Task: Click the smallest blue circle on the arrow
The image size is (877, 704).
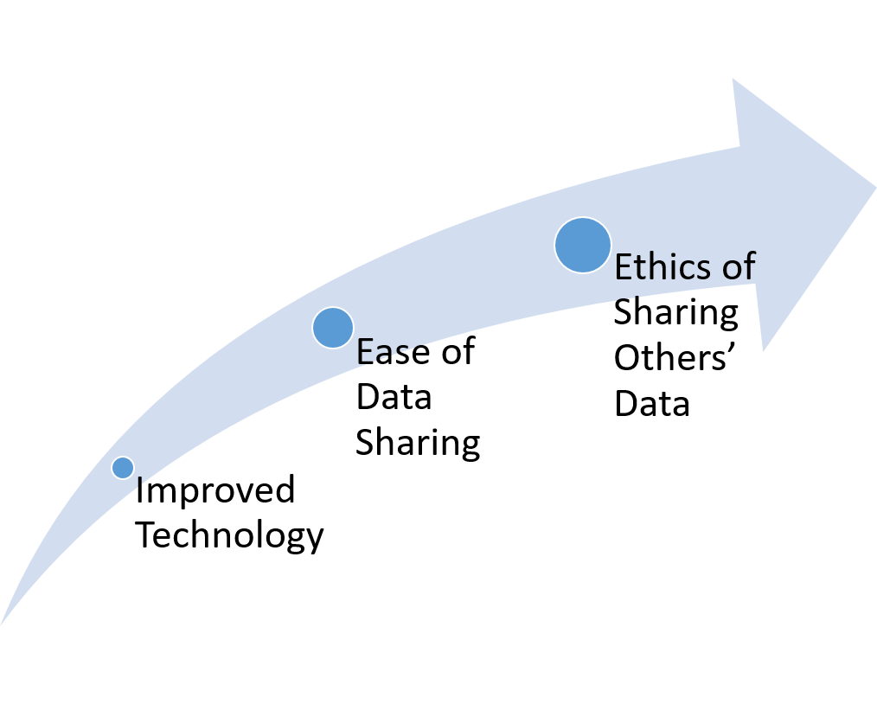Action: pos(123,468)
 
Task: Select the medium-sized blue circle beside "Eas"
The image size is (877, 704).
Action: pos(333,328)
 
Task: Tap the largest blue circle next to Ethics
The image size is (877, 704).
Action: pos(583,246)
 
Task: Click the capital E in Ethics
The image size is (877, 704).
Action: pos(623,268)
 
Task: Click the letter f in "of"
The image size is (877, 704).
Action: pos(749,266)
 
